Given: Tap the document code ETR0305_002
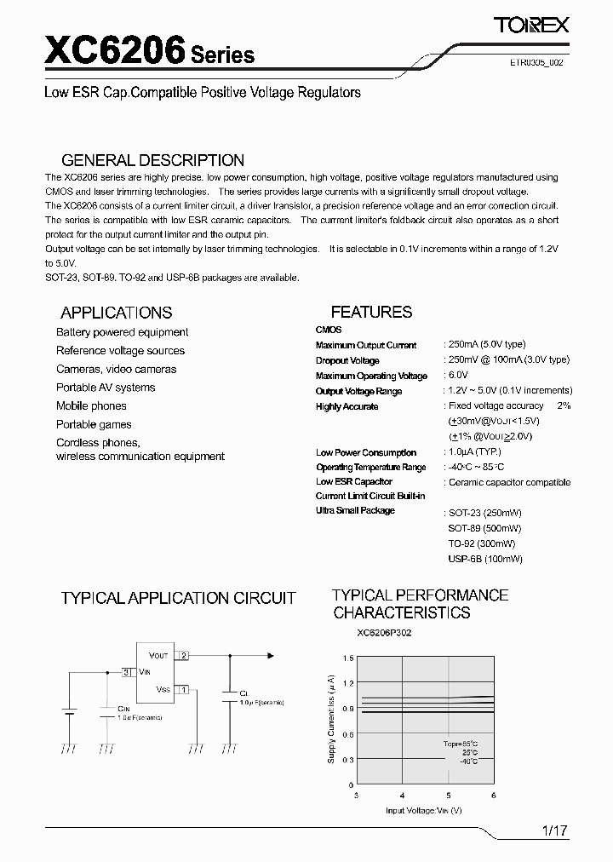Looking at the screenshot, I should pyautogui.click(x=535, y=63).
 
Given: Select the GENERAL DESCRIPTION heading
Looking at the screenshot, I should pyautogui.click(x=153, y=160).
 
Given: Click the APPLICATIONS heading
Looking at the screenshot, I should pyautogui.click(x=117, y=313).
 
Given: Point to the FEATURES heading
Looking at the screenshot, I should pyautogui.click(x=371, y=312).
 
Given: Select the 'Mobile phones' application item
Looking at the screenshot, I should pyautogui.click(x=91, y=406).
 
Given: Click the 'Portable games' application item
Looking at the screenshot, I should pyautogui.click(x=94, y=424).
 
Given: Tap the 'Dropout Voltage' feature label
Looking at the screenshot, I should pyautogui.click(x=347, y=361).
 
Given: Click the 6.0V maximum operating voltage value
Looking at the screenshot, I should pyautogui.click(x=458, y=375).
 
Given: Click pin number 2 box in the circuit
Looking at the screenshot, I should pyautogui.click(x=184, y=655).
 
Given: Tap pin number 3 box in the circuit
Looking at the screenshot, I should pyautogui.click(x=126, y=672).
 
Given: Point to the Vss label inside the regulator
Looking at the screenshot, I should pyautogui.click(x=163, y=689).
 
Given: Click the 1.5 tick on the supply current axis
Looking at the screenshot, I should pyautogui.click(x=348, y=658).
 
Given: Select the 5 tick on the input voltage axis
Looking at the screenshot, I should pyautogui.click(x=449, y=794).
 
